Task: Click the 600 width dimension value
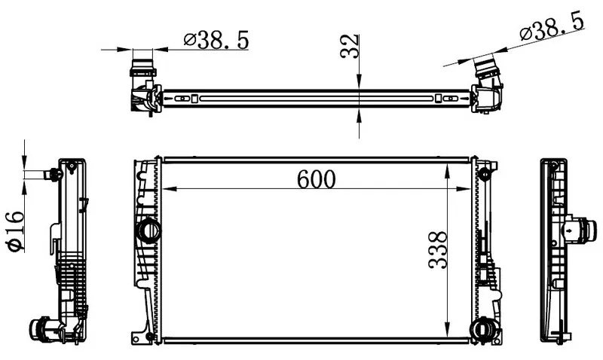click(316, 179)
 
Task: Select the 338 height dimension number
click(437, 250)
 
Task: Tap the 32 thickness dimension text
click(350, 46)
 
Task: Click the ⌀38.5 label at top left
click(216, 40)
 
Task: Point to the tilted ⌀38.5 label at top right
click(552, 26)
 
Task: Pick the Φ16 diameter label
click(15, 231)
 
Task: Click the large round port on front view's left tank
click(148, 230)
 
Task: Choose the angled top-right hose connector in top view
click(487, 84)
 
